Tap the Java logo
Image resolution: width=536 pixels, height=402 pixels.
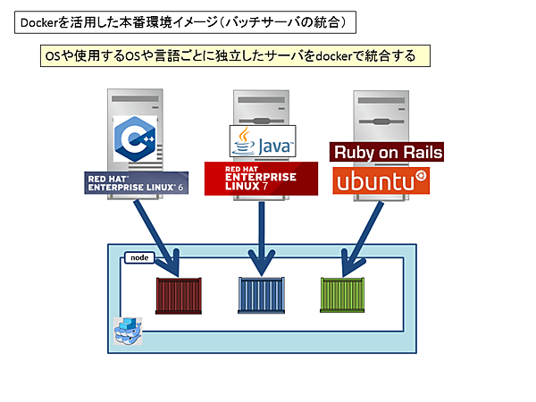pyautogui.click(x=262, y=142)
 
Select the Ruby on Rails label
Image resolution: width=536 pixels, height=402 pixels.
pyautogui.click(x=387, y=152)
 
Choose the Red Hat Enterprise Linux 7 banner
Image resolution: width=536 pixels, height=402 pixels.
pyautogui.click(x=261, y=178)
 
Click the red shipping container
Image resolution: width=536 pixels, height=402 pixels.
pyautogui.click(x=180, y=295)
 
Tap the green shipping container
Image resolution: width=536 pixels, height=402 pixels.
pyautogui.click(x=345, y=294)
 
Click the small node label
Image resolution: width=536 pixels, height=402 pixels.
pyautogui.click(x=138, y=257)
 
